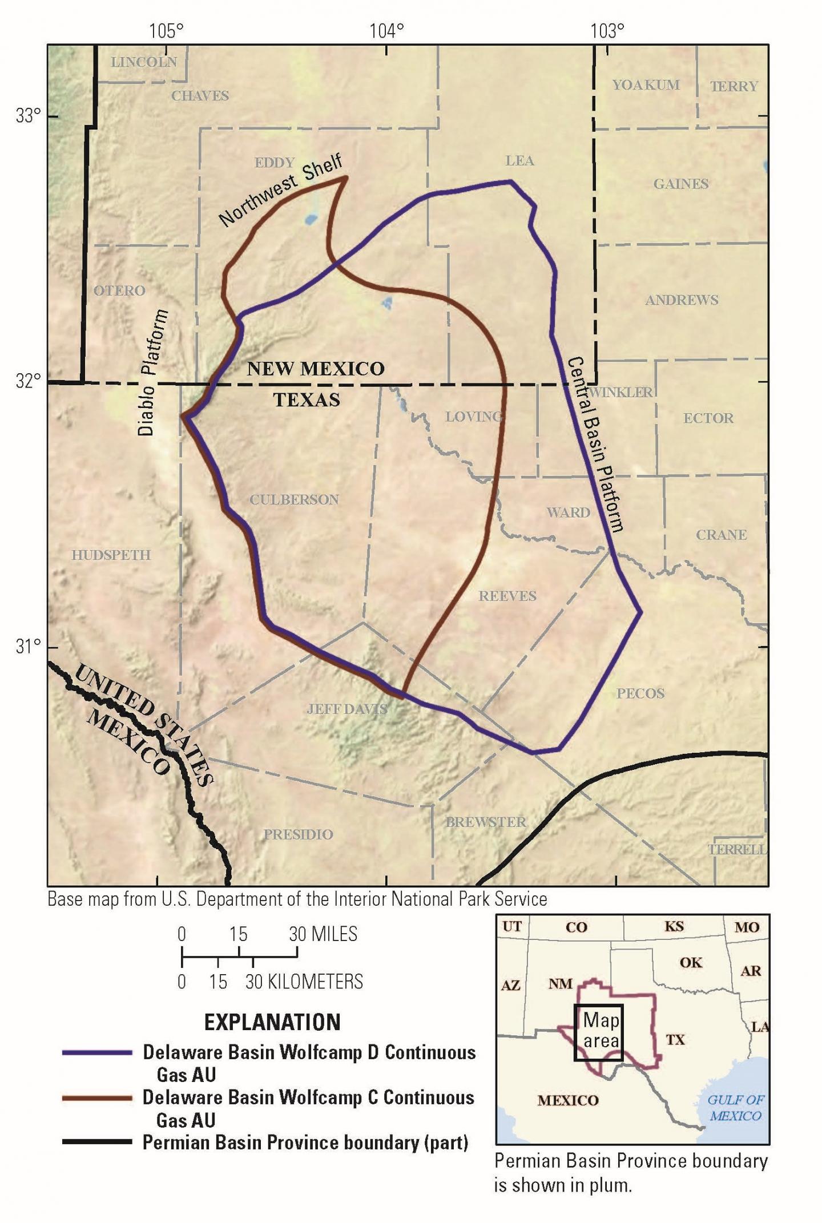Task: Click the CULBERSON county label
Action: click(294, 499)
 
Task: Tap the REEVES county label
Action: click(507, 596)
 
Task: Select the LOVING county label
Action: click(473, 417)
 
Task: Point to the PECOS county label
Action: click(640, 693)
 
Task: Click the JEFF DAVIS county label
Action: click(347, 709)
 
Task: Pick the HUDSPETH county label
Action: click(111, 555)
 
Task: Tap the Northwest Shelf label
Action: click(281, 189)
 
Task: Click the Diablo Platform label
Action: click(152, 373)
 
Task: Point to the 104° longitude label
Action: click(386, 31)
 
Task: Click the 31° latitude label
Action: click(29, 647)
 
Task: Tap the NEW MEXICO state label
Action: click(316, 369)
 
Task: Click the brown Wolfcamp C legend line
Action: click(97, 1097)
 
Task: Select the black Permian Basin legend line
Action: click(97, 1142)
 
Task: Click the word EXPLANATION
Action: click(272, 1022)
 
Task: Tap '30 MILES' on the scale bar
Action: click(323, 934)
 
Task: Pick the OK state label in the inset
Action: click(690, 962)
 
